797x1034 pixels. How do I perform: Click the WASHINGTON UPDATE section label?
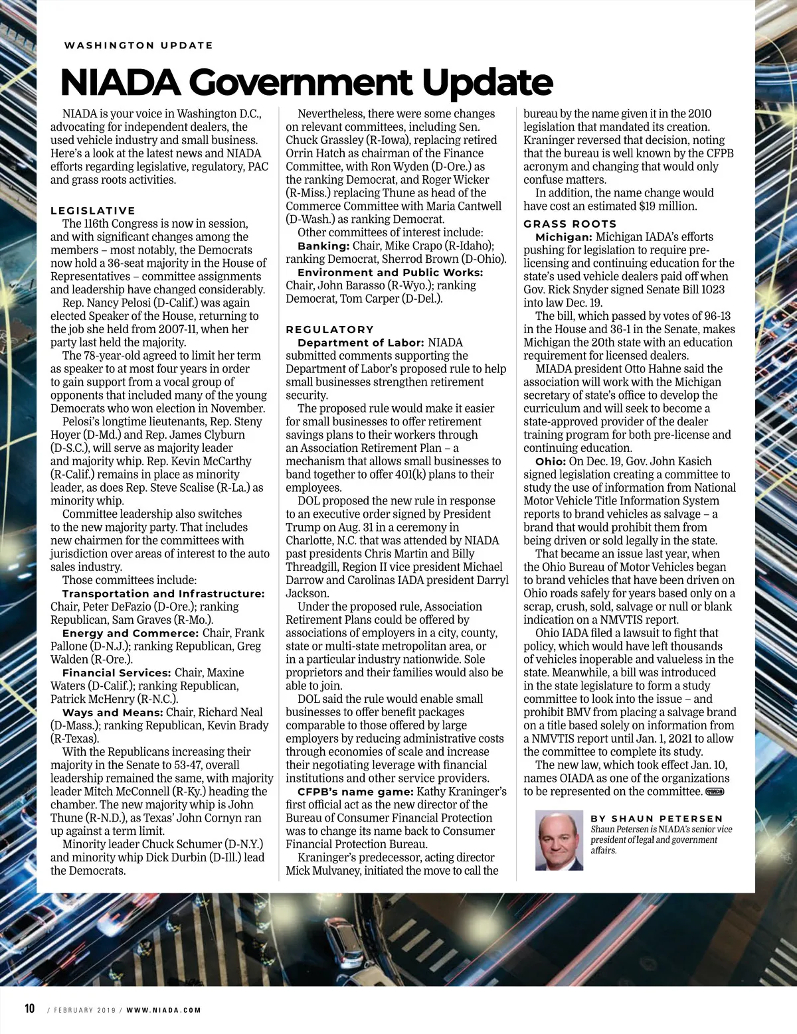(139, 45)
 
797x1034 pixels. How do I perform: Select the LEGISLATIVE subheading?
(93, 210)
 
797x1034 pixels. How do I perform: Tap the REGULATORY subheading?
(330, 329)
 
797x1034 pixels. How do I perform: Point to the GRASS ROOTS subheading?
(570, 224)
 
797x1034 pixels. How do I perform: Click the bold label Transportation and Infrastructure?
(163, 593)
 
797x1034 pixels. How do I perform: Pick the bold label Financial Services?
(117, 672)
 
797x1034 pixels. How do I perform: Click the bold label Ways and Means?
(112, 712)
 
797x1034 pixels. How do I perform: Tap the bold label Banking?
(323, 246)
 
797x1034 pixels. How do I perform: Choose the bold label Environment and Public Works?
(391, 272)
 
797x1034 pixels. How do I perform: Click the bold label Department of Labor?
(361, 342)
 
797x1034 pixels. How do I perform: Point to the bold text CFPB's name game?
(356, 791)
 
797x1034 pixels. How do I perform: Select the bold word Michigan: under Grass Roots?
(563, 237)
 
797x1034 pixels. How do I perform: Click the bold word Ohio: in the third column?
(550, 461)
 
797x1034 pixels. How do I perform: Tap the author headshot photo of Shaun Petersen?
(559, 840)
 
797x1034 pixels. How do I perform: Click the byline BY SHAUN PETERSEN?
(656, 818)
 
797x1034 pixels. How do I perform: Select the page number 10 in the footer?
(29, 1008)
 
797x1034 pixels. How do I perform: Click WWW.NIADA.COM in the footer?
(163, 1010)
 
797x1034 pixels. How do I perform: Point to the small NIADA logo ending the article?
(715, 791)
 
